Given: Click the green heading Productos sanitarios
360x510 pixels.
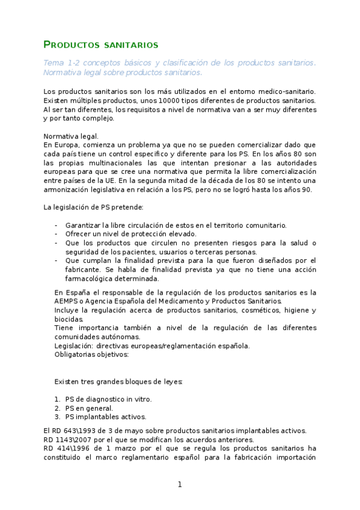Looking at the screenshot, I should (101, 45).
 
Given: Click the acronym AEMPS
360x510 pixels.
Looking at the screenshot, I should (67, 301).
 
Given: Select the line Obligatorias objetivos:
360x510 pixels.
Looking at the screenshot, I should (91, 355).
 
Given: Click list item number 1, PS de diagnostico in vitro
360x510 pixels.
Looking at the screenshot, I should (108, 399).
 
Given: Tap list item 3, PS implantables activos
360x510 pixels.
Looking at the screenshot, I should (105, 417).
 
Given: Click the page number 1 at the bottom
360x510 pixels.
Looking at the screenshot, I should (179, 484).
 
